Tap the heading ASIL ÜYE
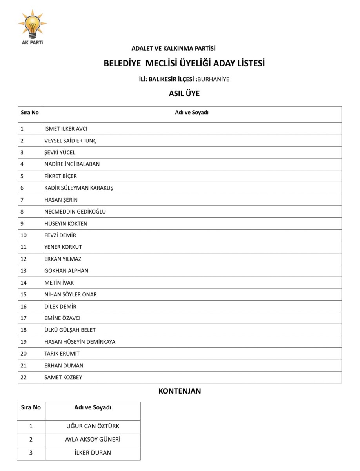coord(184,93)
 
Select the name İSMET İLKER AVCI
coord(66,129)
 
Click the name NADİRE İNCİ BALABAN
coord(72,164)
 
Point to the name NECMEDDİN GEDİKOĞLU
coord(75,212)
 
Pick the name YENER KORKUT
coord(63,247)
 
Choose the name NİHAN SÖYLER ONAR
coord(71,294)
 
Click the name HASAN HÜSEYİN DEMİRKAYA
coord(80,342)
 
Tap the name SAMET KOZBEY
coord(63,377)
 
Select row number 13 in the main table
coord(24,271)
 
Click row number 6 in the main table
coord(22,188)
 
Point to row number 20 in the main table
coord(24,354)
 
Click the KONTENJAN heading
coord(180,391)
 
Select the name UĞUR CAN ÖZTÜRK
coord(93,426)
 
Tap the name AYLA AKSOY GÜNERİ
coord(93,440)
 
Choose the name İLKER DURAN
coord(93,453)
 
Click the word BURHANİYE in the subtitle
coord(213,79)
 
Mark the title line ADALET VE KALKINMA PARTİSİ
coord(173,49)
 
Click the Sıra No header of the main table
coord(30,113)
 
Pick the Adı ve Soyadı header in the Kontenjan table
coord(93,407)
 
